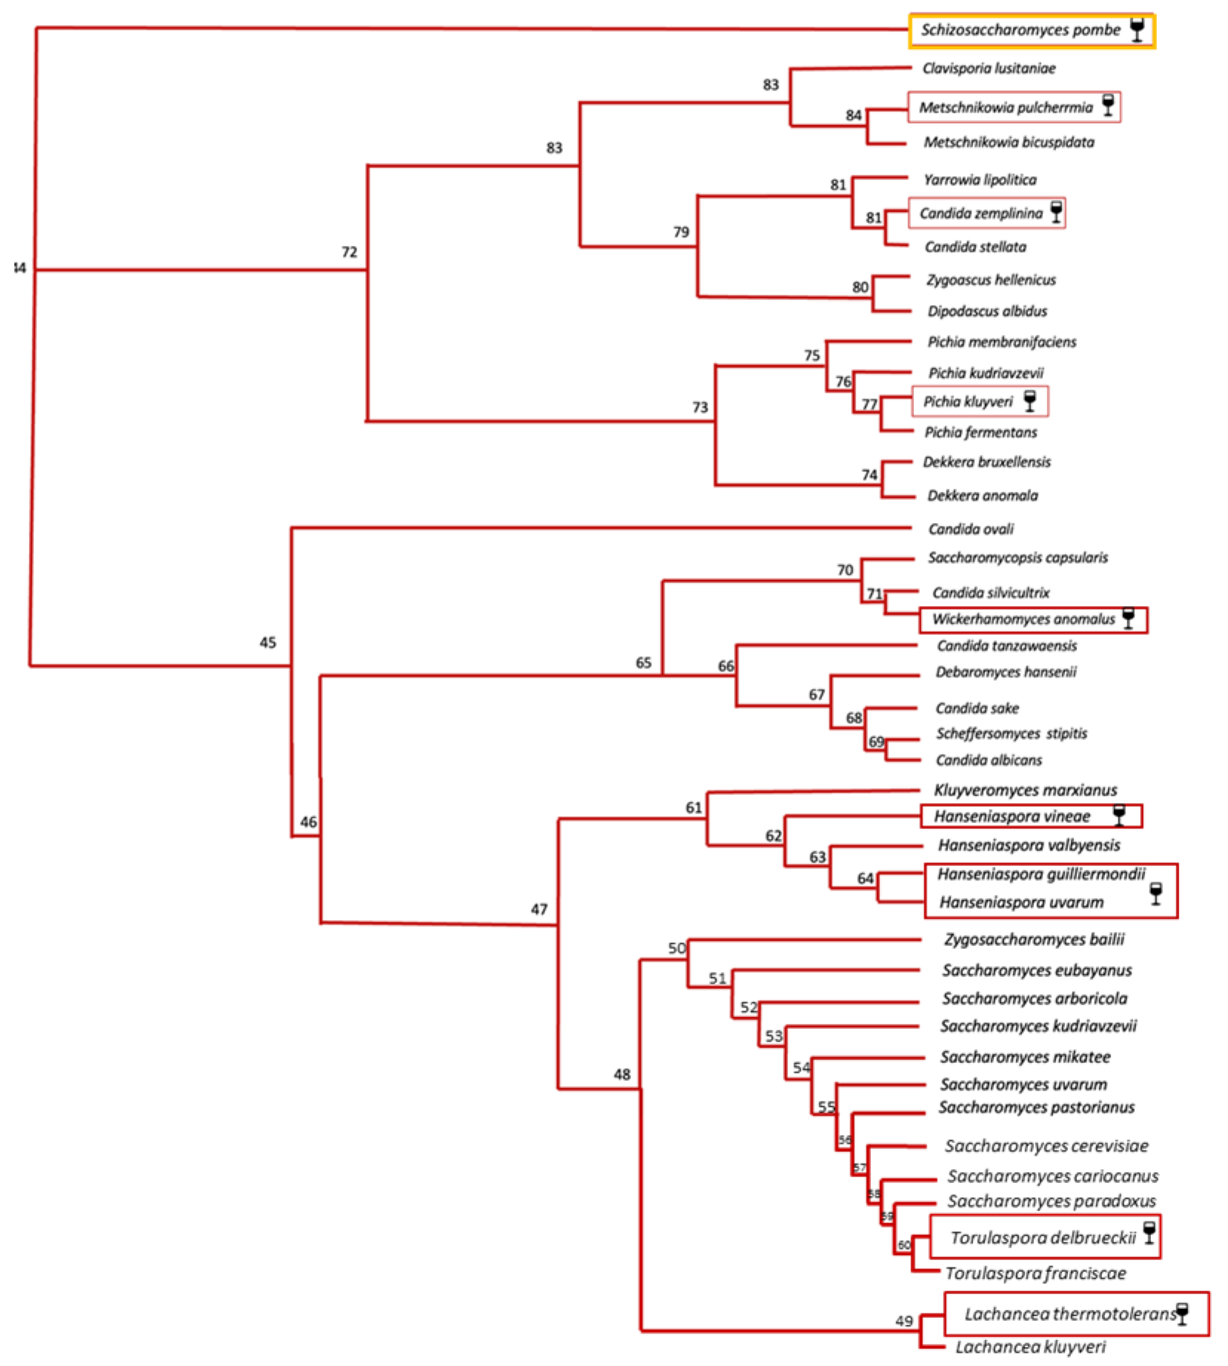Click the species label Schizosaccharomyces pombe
pos(1020,30)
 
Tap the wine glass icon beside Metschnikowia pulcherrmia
pos(1108,105)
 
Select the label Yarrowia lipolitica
pos(980,180)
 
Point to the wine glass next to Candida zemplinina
pos(1056,213)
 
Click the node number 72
pos(349,253)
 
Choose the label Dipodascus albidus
pos(987,311)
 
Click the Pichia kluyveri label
pos(967,402)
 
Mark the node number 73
pos(700,407)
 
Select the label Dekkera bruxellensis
pos(987,462)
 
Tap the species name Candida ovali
pos(970,529)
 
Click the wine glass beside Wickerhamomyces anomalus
pos(1128,619)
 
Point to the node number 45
pos(267,643)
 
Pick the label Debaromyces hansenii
pos(1006,673)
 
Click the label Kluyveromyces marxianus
pos(1025,790)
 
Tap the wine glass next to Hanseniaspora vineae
pos(1119,816)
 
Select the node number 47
pos(538,910)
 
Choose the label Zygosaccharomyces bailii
pos(1034,940)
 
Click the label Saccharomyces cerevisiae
pos(1046,1146)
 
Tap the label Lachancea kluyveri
pos(1030,1347)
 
